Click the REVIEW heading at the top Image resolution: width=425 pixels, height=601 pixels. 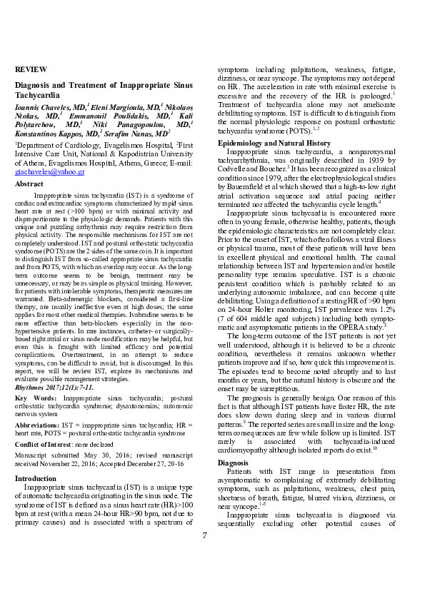[x=31, y=69]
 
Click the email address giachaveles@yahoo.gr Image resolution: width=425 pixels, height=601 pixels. [x=50, y=172]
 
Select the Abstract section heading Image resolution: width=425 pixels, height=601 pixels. [x=29, y=184]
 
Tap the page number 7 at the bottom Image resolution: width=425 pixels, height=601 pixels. [x=205, y=535]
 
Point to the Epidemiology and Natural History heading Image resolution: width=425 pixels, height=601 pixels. [x=274, y=143]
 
